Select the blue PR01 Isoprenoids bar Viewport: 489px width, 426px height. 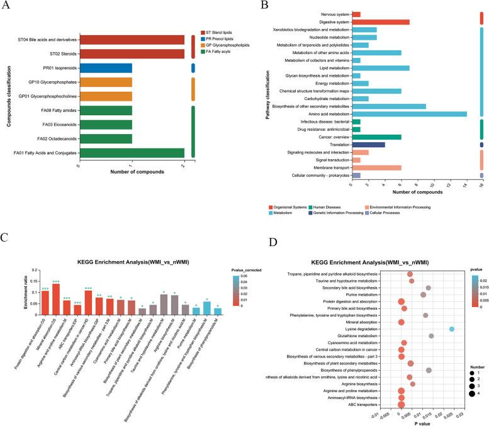pyautogui.click(x=106, y=67)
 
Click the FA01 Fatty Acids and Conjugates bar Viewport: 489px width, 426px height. pyautogui.click(x=132, y=152)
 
